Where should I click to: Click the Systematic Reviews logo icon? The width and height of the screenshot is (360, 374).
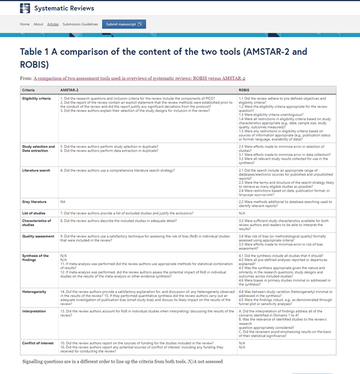point(25,8)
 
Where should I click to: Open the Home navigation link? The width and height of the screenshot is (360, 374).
point(25,24)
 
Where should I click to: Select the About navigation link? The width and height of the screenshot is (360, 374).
point(38,24)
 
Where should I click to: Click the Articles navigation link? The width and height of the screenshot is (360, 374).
point(53,24)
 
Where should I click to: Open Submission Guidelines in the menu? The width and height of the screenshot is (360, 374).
point(80,24)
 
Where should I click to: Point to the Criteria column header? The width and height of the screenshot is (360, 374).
point(28,90)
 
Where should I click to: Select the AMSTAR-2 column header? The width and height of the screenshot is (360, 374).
point(69,90)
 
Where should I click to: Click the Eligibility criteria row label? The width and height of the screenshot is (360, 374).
point(37,98)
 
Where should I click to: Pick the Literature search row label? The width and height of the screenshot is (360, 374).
point(36,170)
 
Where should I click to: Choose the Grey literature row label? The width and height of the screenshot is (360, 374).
point(34,202)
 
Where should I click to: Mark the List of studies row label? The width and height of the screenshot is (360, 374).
point(34,212)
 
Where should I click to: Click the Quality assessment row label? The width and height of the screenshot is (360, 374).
point(38,236)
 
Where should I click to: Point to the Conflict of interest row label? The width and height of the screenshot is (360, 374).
point(38,343)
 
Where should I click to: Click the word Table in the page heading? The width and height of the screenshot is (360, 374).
point(34,52)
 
